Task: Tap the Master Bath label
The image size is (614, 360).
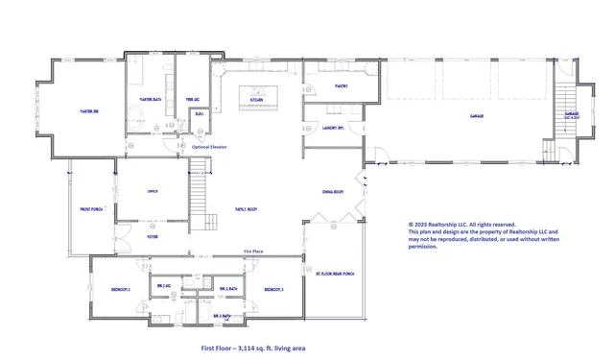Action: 150,99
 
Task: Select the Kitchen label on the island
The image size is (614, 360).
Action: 256,99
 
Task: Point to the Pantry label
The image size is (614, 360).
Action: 342,85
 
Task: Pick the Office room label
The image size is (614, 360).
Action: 152,191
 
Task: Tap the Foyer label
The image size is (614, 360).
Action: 152,234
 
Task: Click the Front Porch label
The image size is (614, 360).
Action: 90,208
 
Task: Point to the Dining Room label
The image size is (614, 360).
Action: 333,191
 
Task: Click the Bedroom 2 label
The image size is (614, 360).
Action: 121,288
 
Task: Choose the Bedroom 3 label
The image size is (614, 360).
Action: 274,288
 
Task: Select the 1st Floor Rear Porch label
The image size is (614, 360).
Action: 335,273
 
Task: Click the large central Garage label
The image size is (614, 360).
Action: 476,116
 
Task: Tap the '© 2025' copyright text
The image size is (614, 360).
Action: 418,224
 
